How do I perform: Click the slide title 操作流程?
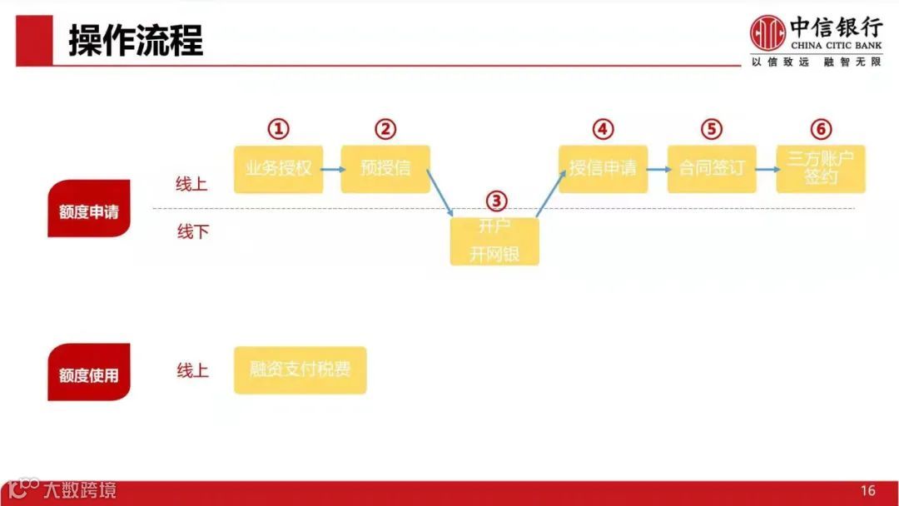(136, 40)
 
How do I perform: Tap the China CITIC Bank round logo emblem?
(767, 34)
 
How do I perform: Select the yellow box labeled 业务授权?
(278, 169)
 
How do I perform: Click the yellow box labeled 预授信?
(385, 169)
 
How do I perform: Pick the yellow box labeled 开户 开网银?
(494, 242)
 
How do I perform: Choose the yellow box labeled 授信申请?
(603, 169)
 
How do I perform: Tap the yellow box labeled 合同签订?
(712, 169)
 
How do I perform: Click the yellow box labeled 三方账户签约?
(821, 169)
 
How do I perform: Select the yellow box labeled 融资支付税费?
(300, 370)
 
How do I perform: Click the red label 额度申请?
(89, 213)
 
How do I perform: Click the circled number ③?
(495, 201)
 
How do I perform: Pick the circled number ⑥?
(821, 129)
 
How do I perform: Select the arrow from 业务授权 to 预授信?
(332, 169)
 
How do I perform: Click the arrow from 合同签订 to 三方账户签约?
(767, 169)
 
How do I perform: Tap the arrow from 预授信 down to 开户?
(441, 194)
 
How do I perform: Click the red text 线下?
(192, 232)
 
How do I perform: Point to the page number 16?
(868, 490)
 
